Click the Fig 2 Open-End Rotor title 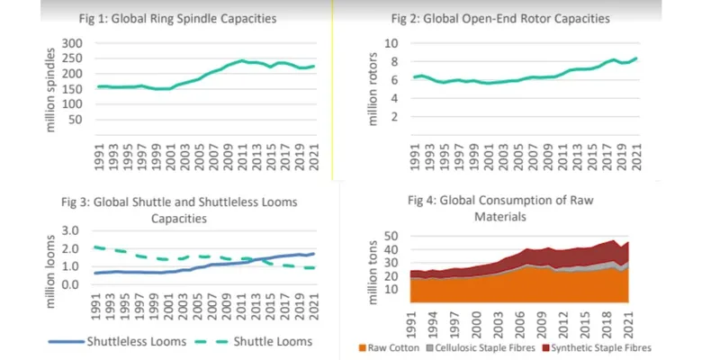coord(513,18)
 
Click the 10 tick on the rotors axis coord(391,43)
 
